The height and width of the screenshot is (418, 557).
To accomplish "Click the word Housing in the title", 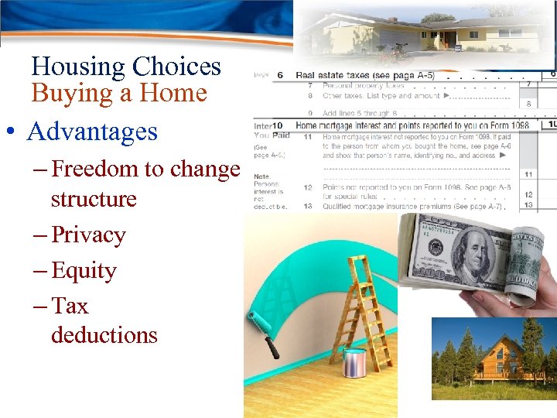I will (77, 67).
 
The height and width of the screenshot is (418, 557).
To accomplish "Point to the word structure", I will (93, 199).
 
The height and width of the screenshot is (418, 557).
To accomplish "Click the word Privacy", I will (88, 235).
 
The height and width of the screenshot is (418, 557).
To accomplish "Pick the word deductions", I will (104, 335).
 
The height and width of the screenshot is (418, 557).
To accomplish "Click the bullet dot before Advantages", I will (15, 132).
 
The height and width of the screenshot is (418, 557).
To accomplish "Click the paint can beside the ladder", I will (354, 362).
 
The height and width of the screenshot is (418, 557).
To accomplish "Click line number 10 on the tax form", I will (276, 125).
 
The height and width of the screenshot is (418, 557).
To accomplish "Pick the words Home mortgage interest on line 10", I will (333, 125).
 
